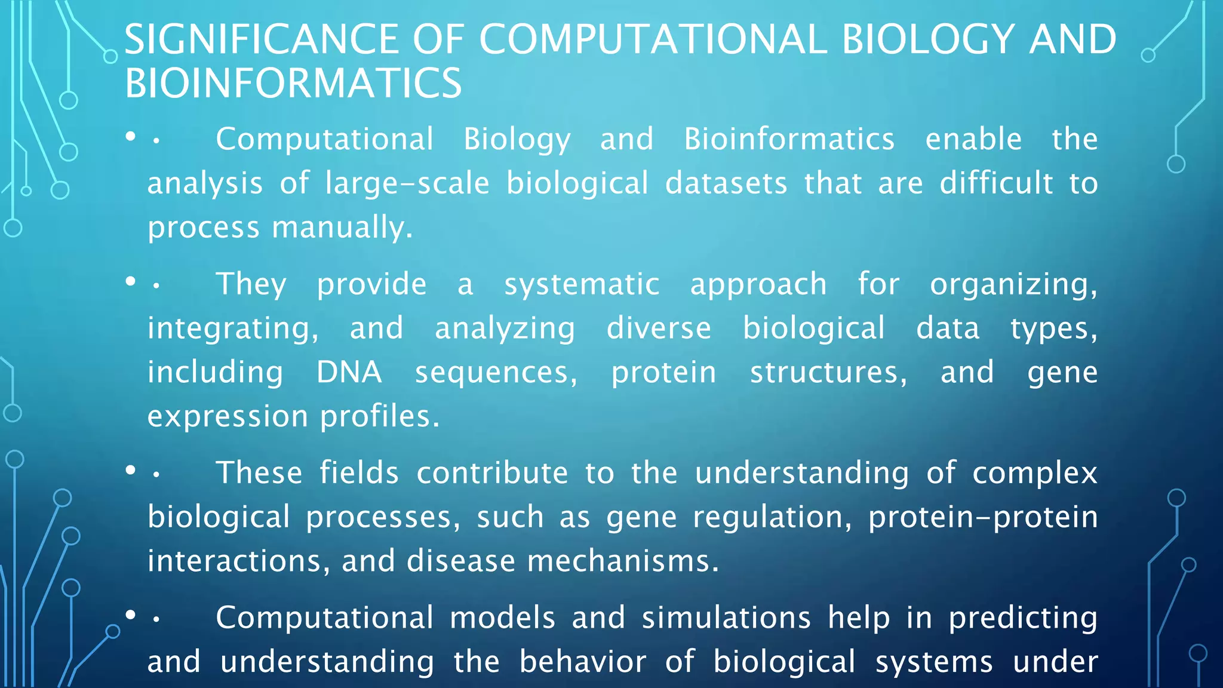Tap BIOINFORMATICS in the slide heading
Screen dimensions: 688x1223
point(293,83)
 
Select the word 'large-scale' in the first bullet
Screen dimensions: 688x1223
point(407,183)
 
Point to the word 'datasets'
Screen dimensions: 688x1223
point(726,183)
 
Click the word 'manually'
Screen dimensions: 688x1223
point(342,228)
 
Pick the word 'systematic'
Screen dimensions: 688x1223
point(582,284)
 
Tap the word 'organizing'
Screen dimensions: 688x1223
point(1013,284)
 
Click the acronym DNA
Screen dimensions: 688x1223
point(349,372)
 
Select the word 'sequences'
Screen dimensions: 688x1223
point(496,373)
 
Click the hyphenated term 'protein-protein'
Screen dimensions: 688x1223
point(982,517)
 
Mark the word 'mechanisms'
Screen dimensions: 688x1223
point(622,561)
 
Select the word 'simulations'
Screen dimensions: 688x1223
point(726,618)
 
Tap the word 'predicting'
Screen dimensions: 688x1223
point(1023,618)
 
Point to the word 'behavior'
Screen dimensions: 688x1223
point(582,662)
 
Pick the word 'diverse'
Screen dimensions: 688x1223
point(659,328)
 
